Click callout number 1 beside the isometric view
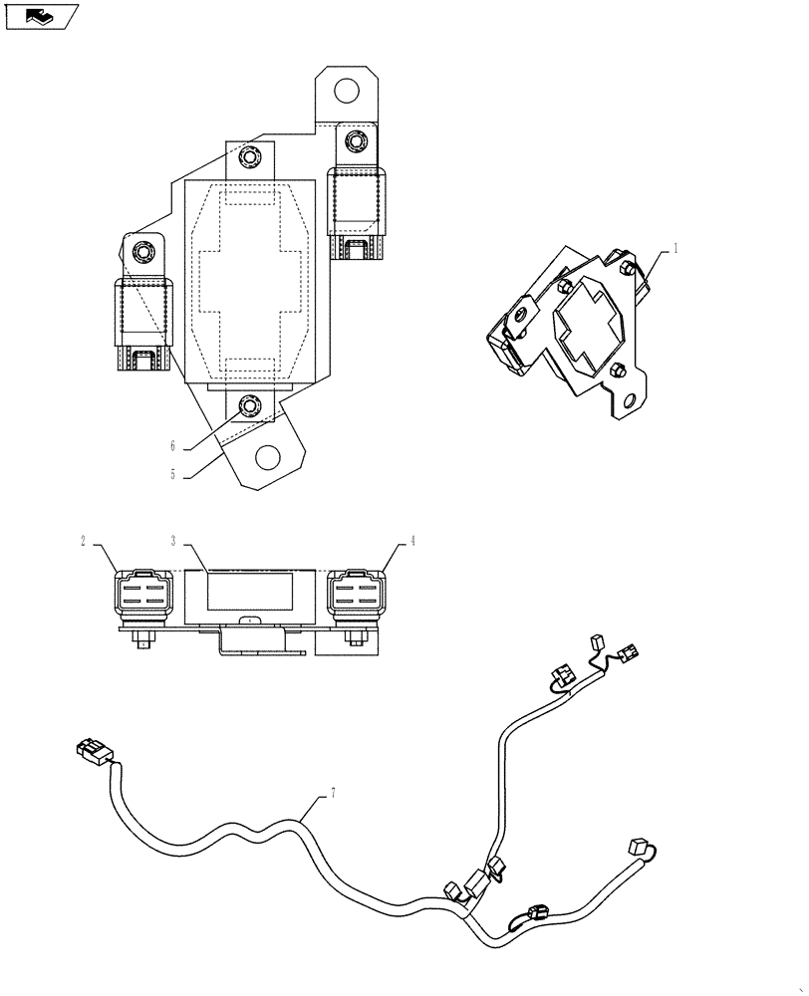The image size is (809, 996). point(675,250)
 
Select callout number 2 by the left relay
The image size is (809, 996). point(84,542)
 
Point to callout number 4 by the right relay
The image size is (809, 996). point(411,542)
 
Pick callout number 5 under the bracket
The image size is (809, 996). point(172,475)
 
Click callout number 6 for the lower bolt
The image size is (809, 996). point(172,447)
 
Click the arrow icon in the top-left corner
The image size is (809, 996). point(41,16)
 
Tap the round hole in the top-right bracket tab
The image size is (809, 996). point(346,92)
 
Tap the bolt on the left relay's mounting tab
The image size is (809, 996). point(141,252)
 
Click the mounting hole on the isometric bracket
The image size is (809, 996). point(627,400)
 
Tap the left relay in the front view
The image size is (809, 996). point(142,597)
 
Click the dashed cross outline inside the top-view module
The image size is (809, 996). point(251,282)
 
